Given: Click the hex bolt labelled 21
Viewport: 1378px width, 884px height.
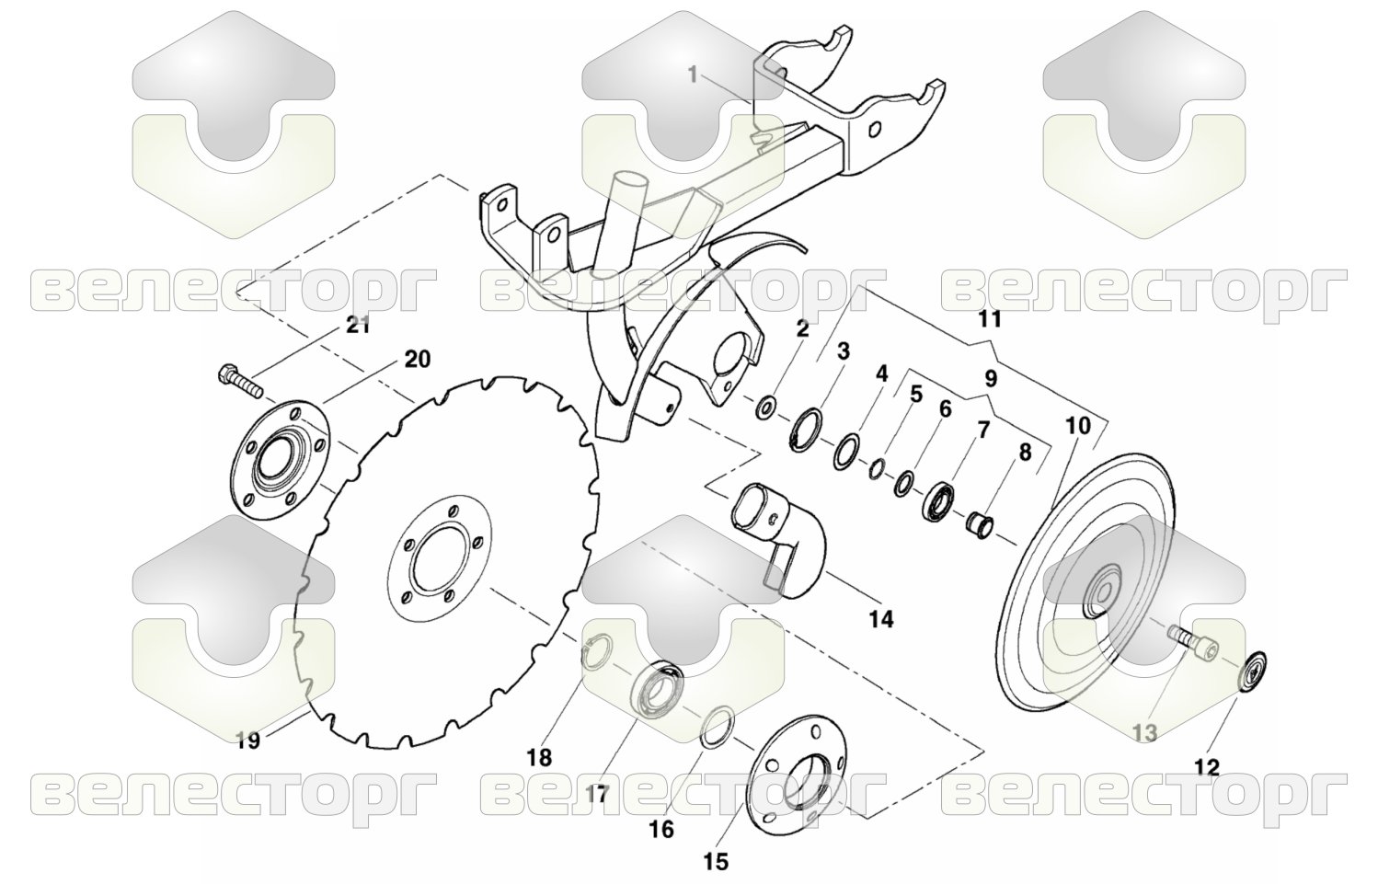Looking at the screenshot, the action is point(240,381).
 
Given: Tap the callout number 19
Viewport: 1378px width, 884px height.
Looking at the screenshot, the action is point(248,740).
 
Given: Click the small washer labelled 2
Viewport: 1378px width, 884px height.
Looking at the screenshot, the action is point(766,407).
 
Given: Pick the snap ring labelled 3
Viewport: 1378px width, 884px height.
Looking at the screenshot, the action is point(807,430).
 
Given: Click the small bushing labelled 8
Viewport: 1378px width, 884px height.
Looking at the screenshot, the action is point(981,524).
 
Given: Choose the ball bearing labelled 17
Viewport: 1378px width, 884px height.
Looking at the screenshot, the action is point(659,689).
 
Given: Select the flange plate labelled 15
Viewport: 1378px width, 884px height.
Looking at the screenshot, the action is point(796,778).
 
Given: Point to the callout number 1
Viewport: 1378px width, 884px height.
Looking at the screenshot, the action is point(693,75).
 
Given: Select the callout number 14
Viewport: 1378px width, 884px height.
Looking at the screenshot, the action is point(880,619).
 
